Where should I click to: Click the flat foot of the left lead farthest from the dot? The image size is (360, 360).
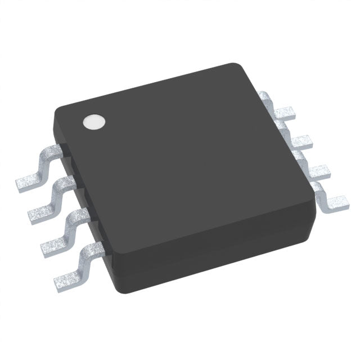click(67, 278)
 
